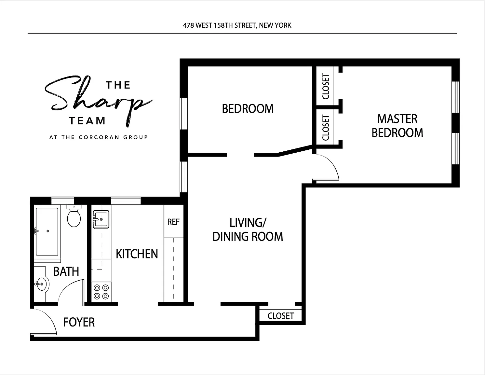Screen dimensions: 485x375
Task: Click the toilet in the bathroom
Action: point(74,216)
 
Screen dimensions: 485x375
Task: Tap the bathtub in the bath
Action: point(47,232)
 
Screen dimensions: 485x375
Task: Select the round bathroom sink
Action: point(42,284)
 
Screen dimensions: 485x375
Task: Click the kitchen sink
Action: point(101,219)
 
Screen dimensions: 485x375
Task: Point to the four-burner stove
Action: point(101,292)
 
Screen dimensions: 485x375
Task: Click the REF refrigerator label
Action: point(173,222)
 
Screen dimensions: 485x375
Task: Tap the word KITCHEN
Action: point(137,254)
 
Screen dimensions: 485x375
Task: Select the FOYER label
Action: point(79,322)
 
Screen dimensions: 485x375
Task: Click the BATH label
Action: point(66,271)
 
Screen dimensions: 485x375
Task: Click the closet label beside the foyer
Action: point(281,316)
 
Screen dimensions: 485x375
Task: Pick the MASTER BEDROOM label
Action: point(397,126)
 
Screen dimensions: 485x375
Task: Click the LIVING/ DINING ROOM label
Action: point(248,229)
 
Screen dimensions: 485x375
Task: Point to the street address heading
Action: point(237,25)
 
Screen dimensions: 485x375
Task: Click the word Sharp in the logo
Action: point(98,101)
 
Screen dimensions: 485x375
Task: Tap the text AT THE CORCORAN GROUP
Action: point(99,137)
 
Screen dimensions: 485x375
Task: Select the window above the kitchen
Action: point(126,201)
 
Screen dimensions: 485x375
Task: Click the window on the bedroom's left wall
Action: point(184,114)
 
